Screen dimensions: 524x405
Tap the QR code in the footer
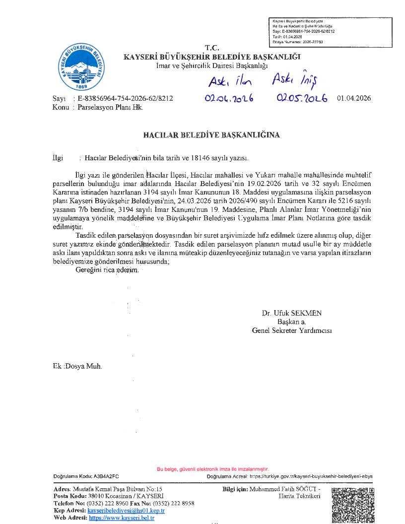pos(352,505)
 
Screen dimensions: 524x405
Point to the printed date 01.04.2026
pos(353,98)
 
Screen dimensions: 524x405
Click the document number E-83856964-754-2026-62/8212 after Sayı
pos(126,98)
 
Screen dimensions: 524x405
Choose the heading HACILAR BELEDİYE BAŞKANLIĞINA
pos(211,135)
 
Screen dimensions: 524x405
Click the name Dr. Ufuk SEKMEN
pos(292,313)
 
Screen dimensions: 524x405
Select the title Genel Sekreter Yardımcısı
pos(292,330)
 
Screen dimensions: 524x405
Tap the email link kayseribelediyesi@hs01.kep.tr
pos(126,511)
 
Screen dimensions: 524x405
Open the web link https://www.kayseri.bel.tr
pos(122,518)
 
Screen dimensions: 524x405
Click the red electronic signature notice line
pos(212,469)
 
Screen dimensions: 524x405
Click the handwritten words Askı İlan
pos(230,80)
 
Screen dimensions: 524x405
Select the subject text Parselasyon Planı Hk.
pos(110,107)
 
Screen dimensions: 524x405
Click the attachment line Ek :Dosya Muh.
pos(77,366)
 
